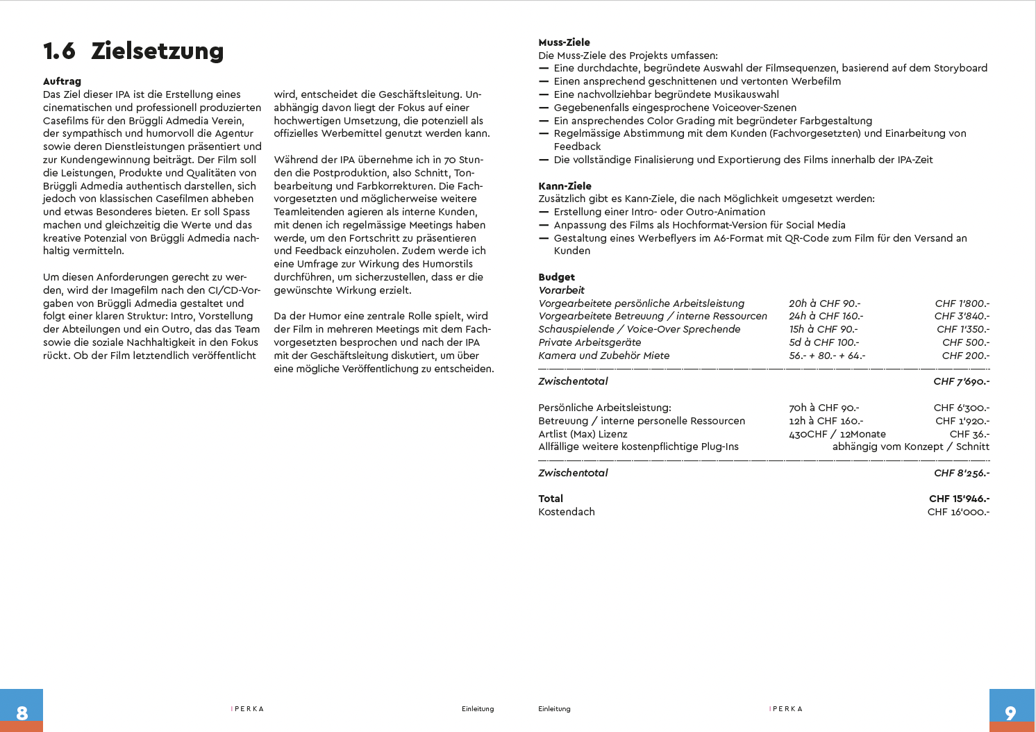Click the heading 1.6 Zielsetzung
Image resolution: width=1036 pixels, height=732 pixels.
(133, 51)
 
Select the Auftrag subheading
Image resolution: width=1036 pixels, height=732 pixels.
(62, 81)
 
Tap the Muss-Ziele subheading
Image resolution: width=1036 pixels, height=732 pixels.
(564, 42)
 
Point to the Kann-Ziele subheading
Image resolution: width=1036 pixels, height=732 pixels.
(565, 186)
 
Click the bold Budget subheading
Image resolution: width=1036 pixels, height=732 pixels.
(556, 277)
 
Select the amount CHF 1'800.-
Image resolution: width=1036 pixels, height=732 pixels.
(962, 303)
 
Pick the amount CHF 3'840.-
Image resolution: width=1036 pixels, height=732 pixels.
(962, 316)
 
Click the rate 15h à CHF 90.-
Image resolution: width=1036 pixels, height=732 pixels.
(823, 329)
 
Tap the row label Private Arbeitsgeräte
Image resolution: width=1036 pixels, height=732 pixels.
(590, 342)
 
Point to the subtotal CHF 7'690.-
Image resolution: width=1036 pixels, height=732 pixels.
(961, 381)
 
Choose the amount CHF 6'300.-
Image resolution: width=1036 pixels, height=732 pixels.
(961, 408)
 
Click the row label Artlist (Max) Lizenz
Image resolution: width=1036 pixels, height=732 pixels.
(583, 434)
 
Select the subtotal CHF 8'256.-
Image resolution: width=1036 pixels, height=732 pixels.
(961, 473)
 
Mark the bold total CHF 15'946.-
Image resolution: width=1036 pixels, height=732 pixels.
(959, 499)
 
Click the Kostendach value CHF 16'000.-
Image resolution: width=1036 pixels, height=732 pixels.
(958, 512)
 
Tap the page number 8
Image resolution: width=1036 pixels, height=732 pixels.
(22, 713)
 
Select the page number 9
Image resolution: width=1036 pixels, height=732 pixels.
(1010, 713)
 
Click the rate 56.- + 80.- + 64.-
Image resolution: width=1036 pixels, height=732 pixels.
(826, 356)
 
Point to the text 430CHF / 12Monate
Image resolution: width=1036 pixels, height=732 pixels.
(837, 434)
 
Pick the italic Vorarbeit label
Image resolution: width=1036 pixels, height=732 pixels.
(561, 290)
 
